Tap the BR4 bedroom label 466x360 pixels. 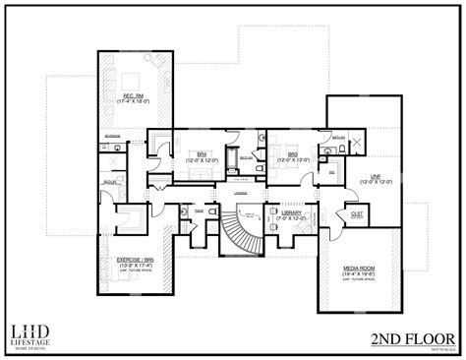point(203,154)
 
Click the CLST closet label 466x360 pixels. point(356,211)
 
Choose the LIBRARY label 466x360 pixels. point(291,212)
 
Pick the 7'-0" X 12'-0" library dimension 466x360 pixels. point(291,218)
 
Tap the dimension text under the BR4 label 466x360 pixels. point(203,160)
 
